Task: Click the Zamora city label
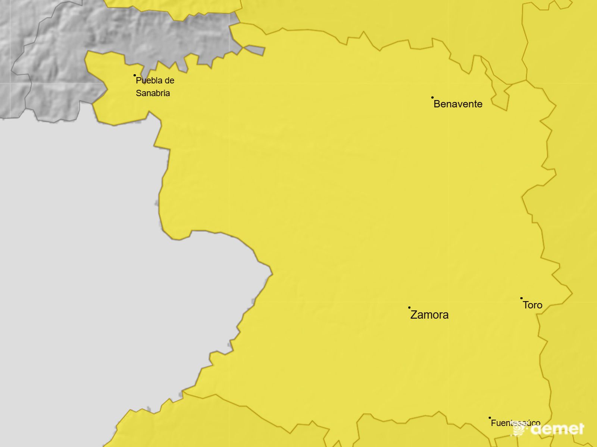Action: click(429, 315)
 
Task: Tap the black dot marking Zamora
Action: click(409, 308)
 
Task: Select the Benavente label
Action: click(458, 104)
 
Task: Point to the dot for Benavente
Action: click(432, 98)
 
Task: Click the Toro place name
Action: click(532, 305)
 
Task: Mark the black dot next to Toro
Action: click(521, 298)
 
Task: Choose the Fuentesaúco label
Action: click(515, 423)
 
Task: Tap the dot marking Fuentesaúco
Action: click(490, 418)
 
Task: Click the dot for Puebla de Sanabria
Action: click(135, 75)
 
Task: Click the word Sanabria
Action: click(153, 93)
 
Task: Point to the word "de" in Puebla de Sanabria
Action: click(170, 80)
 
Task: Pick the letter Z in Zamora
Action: click(414, 315)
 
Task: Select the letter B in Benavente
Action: click(437, 104)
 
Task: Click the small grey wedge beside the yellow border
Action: click(256, 50)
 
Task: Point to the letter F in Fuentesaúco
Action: click(493, 423)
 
